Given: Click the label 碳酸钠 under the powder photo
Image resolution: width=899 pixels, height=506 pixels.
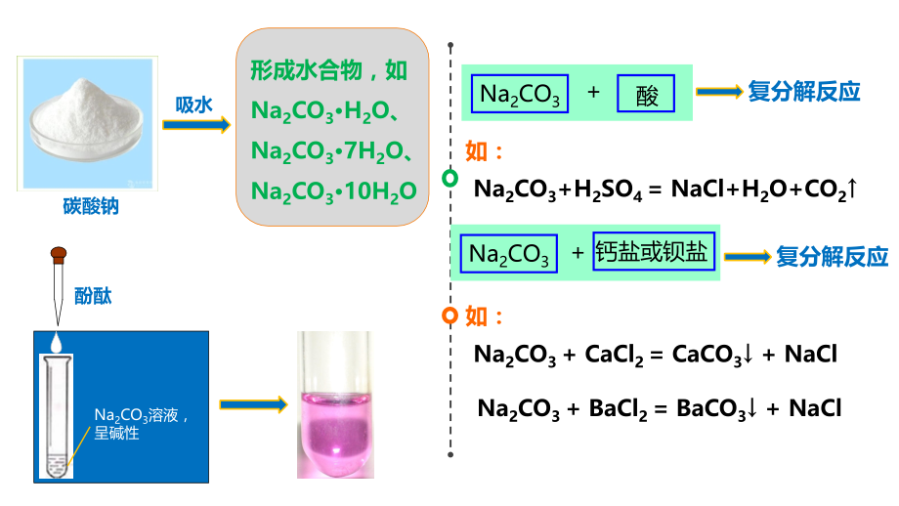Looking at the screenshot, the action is tap(91, 206).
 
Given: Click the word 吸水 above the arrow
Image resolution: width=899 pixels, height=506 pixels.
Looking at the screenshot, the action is tap(193, 105).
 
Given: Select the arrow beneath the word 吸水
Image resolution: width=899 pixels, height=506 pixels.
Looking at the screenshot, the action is tap(196, 125).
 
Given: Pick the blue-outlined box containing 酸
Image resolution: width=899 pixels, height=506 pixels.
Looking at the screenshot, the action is tap(646, 94).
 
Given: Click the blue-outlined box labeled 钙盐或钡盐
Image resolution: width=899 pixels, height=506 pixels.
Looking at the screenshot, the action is tap(654, 251).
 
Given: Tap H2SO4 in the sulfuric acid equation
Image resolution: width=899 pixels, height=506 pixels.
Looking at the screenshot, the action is tap(608, 190).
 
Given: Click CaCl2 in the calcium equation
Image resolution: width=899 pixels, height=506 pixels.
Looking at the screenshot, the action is tap(614, 355).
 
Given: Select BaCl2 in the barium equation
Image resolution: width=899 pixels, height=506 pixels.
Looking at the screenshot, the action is tap(618, 409).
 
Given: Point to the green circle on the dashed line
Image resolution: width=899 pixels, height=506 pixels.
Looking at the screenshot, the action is tap(450, 178).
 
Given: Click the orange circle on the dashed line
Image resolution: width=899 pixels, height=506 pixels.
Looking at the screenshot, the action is tap(450, 316).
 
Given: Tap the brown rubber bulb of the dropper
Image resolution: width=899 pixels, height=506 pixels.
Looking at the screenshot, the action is tap(59, 254).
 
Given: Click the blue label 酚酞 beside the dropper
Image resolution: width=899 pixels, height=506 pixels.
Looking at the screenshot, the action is tap(93, 296).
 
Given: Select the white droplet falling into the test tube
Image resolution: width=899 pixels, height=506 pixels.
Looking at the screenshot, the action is tap(57, 342).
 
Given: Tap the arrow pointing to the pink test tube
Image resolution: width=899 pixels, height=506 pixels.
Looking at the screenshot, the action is tap(253, 404).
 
